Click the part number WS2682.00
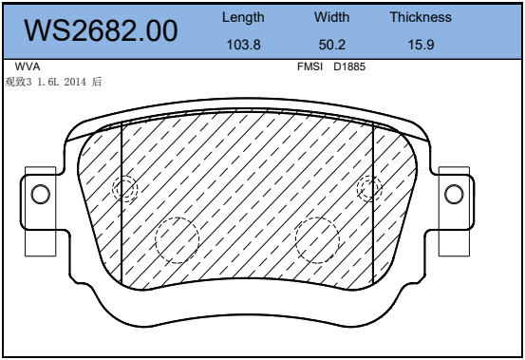coord(101,30)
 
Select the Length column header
coord(243,18)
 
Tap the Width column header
coord(331,17)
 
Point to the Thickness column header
coord(421,17)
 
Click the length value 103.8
coord(243,45)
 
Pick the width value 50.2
coord(332,45)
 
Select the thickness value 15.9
coord(421,45)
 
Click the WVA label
coord(28,66)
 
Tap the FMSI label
coord(309,66)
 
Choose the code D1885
coord(349,66)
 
